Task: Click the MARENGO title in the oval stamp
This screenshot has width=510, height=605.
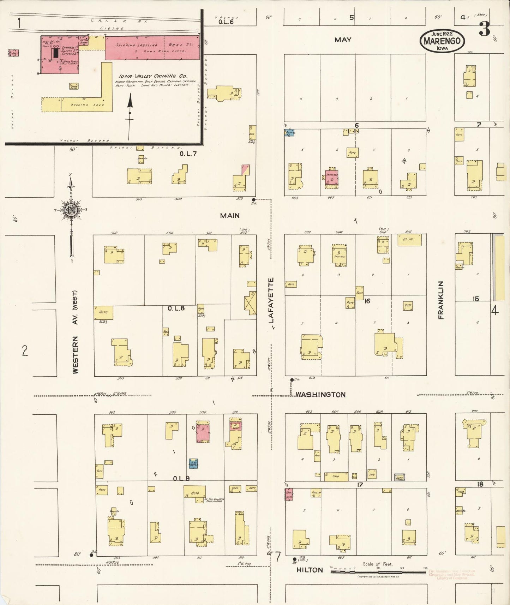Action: (x=442, y=41)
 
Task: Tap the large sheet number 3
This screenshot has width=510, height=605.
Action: (x=484, y=29)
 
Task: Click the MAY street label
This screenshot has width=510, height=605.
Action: (x=343, y=40)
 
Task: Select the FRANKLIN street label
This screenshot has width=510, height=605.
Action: (x=441, y=300)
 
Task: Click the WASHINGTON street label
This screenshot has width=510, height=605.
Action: (x=320, y=395)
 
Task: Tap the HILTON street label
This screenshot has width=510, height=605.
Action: (x=310, y=570)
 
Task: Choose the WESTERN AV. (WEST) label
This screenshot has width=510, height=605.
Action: (x=75, y=332)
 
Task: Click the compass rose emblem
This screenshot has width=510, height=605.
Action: (x=71, y=210)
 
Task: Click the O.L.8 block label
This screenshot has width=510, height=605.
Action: (x=176, y=308)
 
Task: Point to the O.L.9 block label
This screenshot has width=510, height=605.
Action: (x=181, y=478)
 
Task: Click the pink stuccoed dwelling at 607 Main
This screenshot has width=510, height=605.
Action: (x=331, y=178)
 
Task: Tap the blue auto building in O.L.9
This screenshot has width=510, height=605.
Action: (x=193, y=463)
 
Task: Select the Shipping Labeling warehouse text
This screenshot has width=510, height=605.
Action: (x=137, y=45)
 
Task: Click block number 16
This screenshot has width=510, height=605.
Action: (x=367, y=301)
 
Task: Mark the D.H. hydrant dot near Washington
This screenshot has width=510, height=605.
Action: (x=292, y=380)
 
